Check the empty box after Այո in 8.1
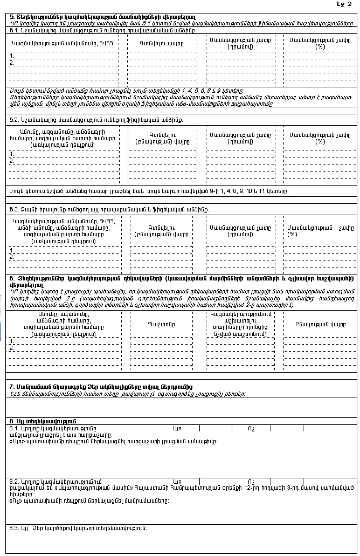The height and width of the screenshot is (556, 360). click(216, 428)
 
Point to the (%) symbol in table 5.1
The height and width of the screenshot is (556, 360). click(320, 46)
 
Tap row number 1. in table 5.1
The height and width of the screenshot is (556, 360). click(12, 56)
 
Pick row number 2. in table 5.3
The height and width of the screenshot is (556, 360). click(12, 257)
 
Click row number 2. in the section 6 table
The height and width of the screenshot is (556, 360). click(12, 349)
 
